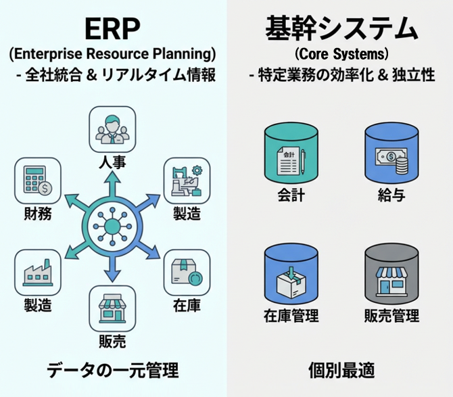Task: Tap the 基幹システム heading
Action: click(340, 28)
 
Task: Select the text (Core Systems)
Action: click(340, 55)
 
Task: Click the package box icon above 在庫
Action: click(185, 272)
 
